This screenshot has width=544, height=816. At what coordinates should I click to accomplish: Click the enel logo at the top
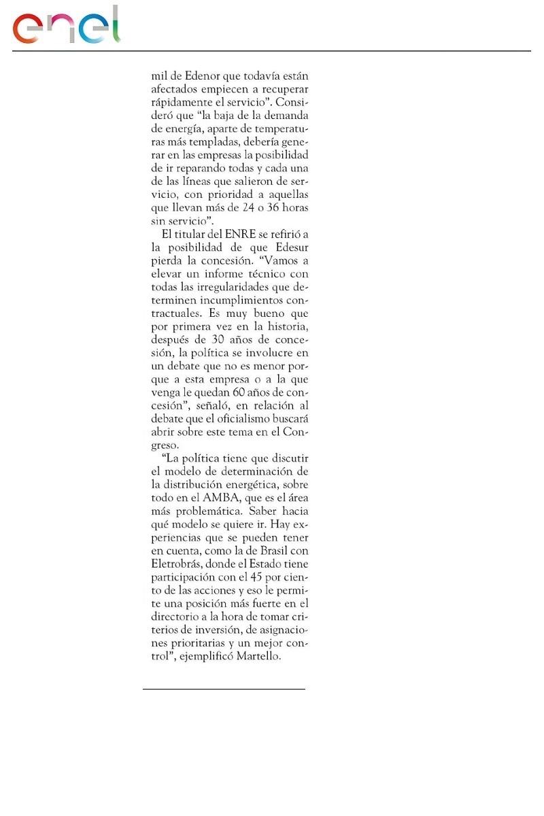click(x=66, y=27)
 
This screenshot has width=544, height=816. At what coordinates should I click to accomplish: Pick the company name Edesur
click(x=292, y=246)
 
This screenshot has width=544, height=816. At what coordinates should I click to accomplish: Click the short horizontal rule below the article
click(x=224, y=689)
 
